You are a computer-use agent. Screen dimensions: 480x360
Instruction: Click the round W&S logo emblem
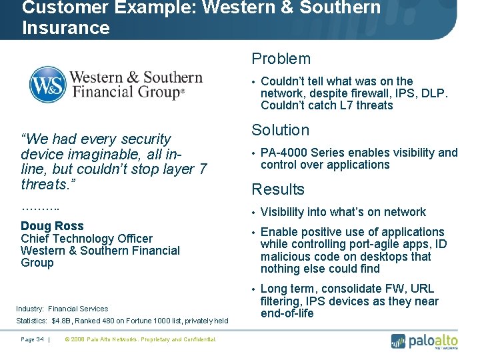coord(47,85)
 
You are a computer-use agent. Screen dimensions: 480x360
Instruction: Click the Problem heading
coord(281,59)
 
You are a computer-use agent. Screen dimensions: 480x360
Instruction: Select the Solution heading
coord(280,131)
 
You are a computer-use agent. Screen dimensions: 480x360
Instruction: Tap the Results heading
coord(277,189)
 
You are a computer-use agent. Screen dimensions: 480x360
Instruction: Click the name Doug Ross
coord(52,226)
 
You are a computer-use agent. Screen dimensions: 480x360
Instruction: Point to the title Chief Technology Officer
coord(87,239)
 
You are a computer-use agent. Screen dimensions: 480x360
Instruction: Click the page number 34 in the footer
coord(40,339)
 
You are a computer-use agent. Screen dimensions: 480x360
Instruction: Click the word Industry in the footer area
coord(30,309)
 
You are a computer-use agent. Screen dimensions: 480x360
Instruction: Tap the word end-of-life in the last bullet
coord(287,313)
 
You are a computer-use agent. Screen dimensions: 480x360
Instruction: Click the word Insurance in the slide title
coord(65,28)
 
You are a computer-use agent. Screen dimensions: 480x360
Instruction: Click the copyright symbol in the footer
coord(67,339)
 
